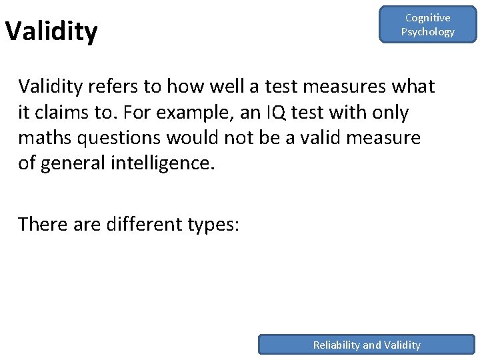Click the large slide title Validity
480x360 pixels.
51,31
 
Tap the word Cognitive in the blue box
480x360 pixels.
427,18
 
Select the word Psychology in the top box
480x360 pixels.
427,32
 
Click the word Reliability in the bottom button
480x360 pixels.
337,345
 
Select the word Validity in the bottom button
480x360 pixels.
402,345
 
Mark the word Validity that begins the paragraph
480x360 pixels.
53,87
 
